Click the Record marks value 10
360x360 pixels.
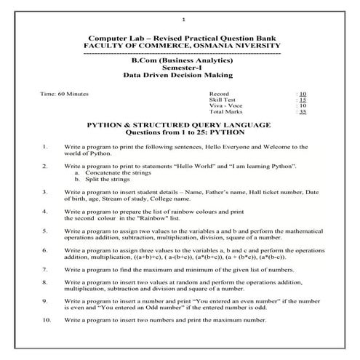click(x=303, y=95)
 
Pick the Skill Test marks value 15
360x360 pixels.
click(x=303, y=100)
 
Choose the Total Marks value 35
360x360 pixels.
click(x=303, y=113)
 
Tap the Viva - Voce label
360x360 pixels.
click(x=225, y=106)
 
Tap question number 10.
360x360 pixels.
click(x=47, y=319)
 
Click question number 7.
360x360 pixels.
click(x=46, y=268)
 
